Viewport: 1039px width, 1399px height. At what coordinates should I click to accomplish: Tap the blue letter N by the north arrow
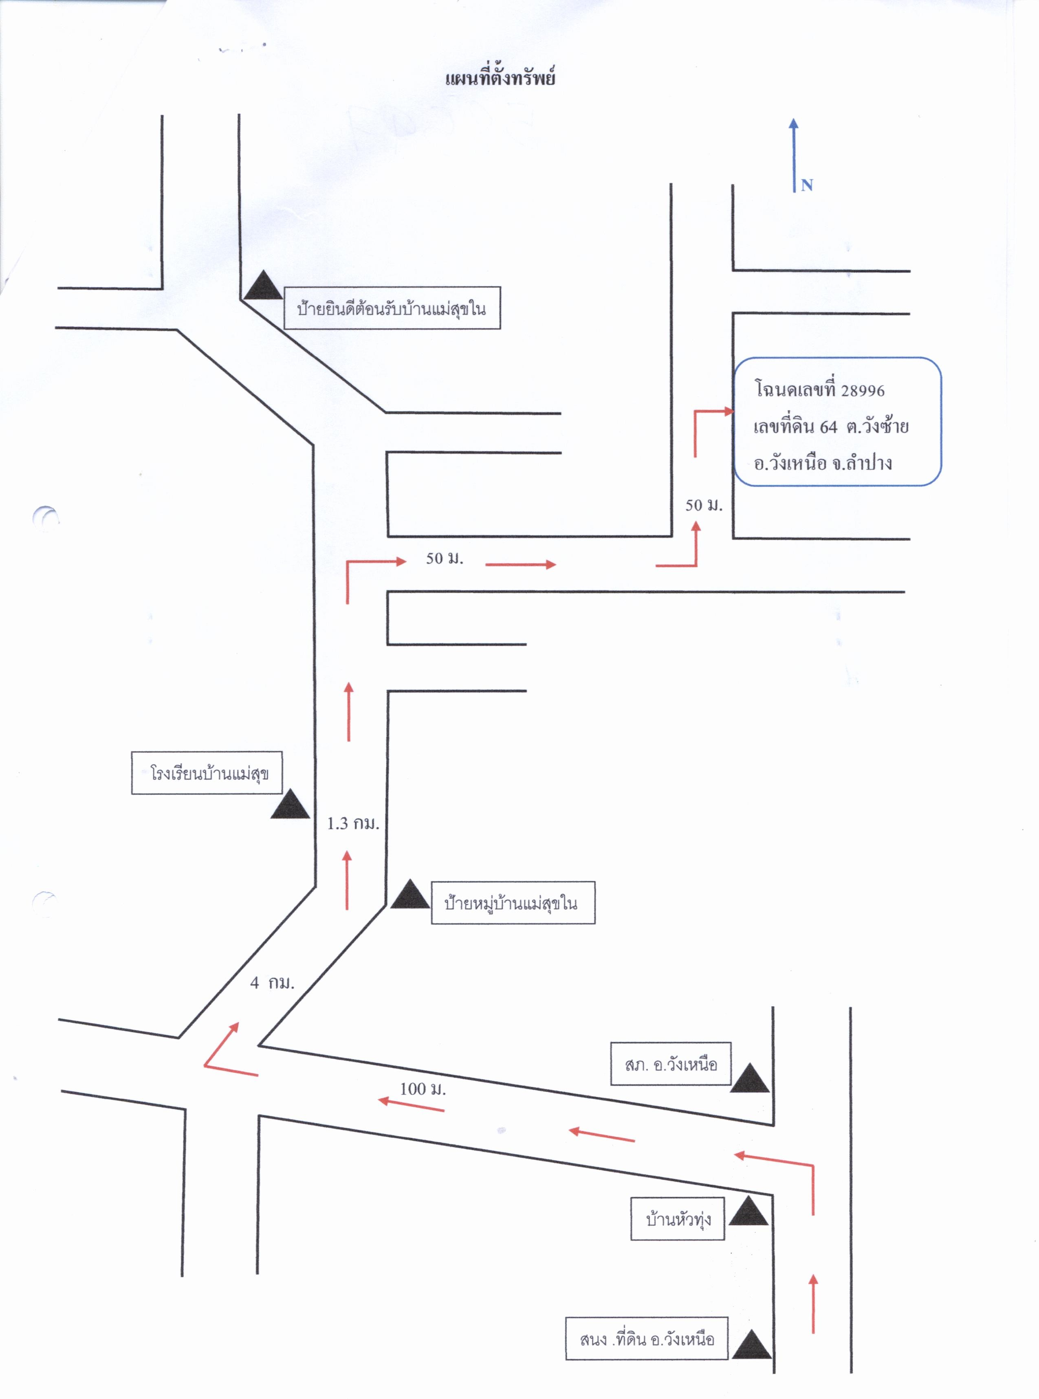(807, 185)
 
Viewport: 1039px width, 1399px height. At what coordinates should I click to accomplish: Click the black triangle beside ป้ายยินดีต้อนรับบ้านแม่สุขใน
(264, 286)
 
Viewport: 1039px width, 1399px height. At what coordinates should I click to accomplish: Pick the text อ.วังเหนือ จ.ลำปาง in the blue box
(823, 463)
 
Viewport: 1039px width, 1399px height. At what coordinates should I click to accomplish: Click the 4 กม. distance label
(272, 983)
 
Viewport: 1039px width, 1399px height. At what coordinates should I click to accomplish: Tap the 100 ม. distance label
(423, 1089)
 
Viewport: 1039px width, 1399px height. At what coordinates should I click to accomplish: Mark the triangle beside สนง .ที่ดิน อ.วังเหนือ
(752, 1344)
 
